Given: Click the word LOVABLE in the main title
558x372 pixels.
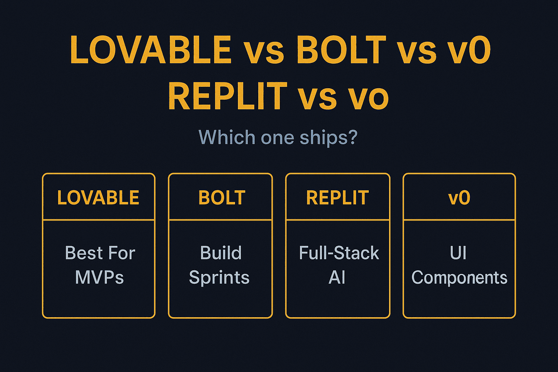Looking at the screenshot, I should pyautogui.click(x=151, y=50).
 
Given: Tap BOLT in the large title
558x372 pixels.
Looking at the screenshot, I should pyautogui.click(x=341, y=50).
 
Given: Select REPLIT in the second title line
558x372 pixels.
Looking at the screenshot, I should pyautogui.click(x=228, y=96).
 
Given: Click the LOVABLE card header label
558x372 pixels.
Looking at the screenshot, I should pyautogui.click(x=98, y=198).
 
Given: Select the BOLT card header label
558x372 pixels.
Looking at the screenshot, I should pyautogui.click(x=222, y=198).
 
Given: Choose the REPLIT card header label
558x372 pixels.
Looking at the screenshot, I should pyautogui.click(x=337, y=198).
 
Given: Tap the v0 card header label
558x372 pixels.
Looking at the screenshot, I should pyautogui.click(x=459, y=198).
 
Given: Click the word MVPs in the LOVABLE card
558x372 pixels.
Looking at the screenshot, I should pyautogui.click(x=99, y=278).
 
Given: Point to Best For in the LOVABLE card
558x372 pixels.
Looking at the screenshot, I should pyautogui.click(x=100, y=253).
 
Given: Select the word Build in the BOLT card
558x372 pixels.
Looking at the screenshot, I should pyautogui.click(x=221, y=253).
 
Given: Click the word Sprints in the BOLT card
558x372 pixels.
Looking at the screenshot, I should pyautogui.click(x=219, y=278).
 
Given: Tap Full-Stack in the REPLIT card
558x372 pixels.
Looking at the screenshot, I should pyautogui.click(x=339, y=253).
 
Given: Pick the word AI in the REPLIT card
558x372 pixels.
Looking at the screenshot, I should pyautogui.click(x=337, y=278).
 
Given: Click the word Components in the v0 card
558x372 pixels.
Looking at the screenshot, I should pyautogui.click(x=459, y=278).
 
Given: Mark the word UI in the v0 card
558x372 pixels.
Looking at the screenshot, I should pyautogui.click(x=458, y=253).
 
